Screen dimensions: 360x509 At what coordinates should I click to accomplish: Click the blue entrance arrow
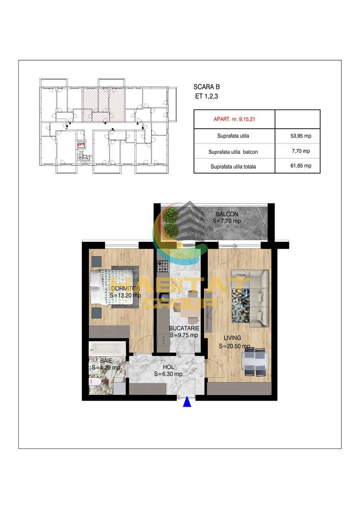tap(187, 402)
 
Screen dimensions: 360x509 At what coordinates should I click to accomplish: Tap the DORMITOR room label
tap(125, 288)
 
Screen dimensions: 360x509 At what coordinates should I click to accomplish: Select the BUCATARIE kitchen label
tap(184, 328)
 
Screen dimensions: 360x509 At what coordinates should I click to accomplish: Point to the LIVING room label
tap(232, 338)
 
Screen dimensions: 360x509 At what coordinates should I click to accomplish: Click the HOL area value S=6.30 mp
tap(168, 374)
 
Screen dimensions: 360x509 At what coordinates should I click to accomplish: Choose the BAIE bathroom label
tap(106, 361)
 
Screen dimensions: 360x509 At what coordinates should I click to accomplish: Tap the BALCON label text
tap(227, 214)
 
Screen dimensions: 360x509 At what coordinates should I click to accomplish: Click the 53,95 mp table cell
tap(300, 136)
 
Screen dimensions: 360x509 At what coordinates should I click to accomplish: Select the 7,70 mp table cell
tap(300, 151)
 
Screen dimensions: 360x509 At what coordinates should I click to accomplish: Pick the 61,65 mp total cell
tap(300, 166)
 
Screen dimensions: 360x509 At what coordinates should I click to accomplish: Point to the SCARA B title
tap(206, 87)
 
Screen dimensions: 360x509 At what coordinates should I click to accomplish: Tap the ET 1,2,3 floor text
tap(206, 96)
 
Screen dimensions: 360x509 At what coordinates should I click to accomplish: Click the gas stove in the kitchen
tap(163, 267)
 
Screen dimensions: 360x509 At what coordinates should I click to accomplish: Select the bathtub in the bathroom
tap(107, 349)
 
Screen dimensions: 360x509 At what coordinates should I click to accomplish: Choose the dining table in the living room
tap(255, 362)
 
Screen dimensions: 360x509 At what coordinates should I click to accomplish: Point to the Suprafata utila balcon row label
tap(233, 152)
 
